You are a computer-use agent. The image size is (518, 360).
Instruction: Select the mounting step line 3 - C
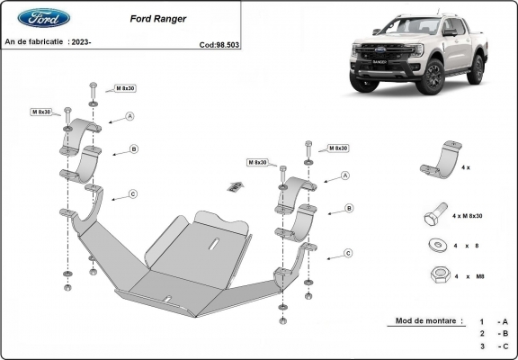point(494,346)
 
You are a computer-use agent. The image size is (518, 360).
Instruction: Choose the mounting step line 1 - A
point(494,321)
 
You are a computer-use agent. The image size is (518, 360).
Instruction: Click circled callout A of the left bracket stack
point(130,116)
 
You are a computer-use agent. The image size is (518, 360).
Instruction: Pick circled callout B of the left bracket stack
point(133,149)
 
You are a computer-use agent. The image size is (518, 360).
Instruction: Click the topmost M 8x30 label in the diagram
point(125,88)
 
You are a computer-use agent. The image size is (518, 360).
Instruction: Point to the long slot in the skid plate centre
point(214,244)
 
